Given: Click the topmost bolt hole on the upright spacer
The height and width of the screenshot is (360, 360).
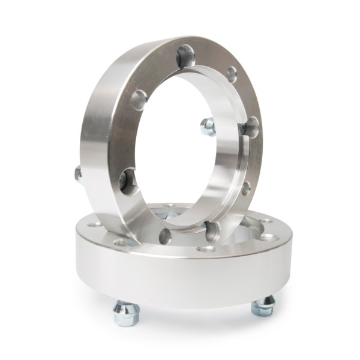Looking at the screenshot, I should [185, 58].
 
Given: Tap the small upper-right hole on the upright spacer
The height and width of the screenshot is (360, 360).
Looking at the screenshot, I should [232, 74].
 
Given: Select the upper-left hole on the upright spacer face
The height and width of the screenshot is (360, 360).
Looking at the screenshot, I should [139, 100].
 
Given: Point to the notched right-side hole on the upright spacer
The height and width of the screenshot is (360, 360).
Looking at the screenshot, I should [251, 127].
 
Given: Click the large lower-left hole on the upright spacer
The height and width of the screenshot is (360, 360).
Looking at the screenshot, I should [128, 181].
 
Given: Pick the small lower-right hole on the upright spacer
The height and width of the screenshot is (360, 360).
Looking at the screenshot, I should [245, 188].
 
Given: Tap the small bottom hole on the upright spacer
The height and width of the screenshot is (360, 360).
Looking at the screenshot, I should [165, 236].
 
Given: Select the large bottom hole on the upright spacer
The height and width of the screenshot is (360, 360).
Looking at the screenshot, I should [211, 230].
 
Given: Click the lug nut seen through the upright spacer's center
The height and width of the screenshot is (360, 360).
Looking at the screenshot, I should [208, 127].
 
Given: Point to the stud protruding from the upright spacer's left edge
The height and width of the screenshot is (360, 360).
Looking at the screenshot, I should [78, 174].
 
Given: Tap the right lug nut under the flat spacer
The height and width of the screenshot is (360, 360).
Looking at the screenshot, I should [263, 307].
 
